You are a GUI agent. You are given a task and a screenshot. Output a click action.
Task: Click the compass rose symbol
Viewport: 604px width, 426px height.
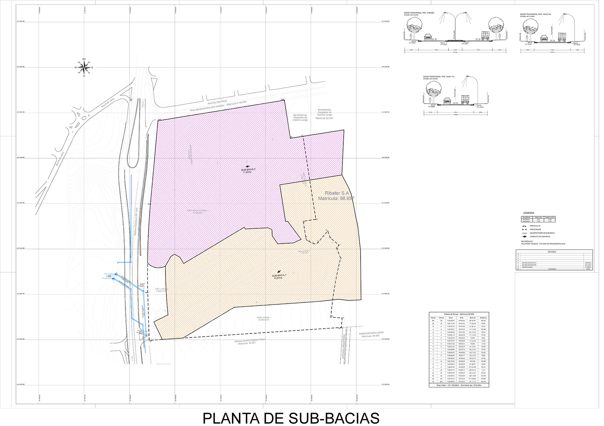(84, 67)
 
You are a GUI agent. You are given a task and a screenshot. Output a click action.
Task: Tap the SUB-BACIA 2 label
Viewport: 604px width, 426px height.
(248, 169)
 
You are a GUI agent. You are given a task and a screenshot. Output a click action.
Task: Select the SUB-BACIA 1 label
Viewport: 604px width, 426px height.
(279, 276)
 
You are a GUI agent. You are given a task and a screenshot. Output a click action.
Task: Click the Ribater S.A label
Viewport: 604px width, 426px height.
(336, 193)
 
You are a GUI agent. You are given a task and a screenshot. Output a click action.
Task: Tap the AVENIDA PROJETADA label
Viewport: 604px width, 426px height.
(343, 346)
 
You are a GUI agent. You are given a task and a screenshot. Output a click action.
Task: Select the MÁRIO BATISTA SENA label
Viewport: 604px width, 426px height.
(371, 333)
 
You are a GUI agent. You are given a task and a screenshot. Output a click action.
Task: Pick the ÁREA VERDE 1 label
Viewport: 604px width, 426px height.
(264, 318)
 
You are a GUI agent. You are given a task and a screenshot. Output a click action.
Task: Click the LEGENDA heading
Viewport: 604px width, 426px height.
(528, 213)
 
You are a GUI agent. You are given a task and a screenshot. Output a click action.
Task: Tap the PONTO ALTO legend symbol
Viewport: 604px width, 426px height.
(524, 226)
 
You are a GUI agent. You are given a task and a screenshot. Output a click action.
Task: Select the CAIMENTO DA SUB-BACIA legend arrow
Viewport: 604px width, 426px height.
(524, 237)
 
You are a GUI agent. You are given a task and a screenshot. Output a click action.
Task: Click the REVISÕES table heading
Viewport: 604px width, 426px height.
(552, 252)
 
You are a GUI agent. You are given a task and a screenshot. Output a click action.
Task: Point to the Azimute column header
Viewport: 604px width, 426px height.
(473, 318)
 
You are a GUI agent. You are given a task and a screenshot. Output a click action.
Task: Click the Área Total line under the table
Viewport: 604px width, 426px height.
(459, 385)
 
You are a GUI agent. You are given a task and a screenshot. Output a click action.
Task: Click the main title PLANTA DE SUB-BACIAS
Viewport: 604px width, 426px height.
(291, 418)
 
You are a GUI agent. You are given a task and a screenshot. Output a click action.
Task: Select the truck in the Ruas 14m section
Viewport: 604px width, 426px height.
(562, 37)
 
